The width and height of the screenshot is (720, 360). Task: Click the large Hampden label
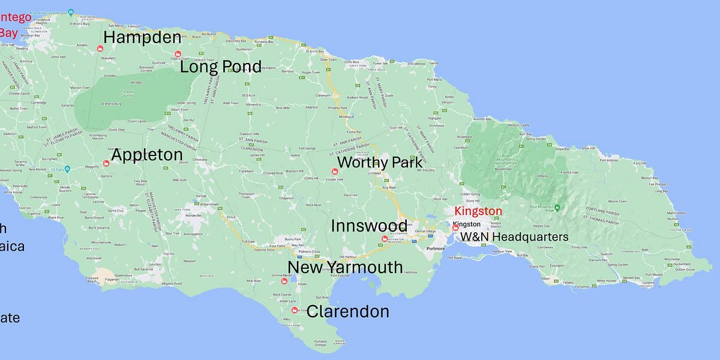(142, 37)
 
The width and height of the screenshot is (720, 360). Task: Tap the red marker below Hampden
(100, 49)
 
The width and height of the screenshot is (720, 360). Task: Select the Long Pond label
(221, 66)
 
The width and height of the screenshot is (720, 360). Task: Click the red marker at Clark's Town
(177, 55)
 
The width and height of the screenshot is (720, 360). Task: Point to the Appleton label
(147, 155)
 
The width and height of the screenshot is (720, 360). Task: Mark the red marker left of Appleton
(107, 163)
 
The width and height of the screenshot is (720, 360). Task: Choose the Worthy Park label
(380, 162)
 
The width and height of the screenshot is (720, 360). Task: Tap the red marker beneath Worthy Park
(326, 172)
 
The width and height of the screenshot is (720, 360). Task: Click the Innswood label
(369, 226)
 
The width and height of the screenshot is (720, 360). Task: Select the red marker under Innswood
(385, 239)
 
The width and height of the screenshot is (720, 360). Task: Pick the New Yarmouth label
(345, 267)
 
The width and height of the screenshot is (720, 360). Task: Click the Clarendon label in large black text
(347, 311)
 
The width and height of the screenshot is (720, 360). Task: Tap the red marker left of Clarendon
(294, 310)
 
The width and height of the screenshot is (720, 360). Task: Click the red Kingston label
(478, 211)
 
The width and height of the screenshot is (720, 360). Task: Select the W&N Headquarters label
(514, 237)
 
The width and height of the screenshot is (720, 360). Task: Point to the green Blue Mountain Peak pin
(557, 208)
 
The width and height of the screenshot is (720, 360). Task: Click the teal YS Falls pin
(52, 169)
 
